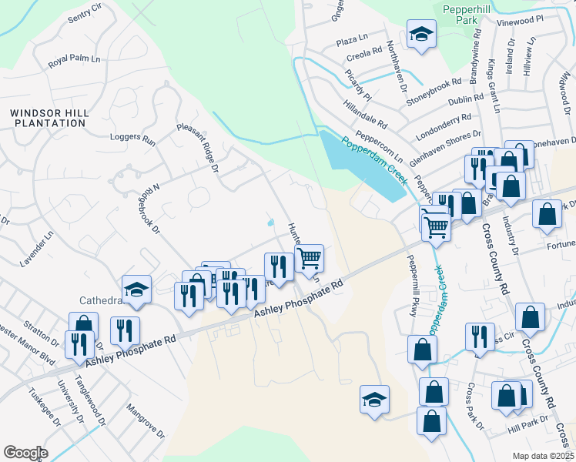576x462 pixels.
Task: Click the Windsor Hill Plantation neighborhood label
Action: (49, 118)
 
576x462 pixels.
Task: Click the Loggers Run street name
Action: (132, 139)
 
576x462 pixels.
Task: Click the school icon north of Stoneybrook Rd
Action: (421, 35)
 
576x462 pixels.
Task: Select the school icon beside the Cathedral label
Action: (137, 290)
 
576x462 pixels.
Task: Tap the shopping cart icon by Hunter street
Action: (309, 259)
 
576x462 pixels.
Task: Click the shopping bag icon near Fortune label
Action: (546, 216)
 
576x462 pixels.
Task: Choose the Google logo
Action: (25, 453)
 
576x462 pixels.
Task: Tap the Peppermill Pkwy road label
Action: (410, 284)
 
